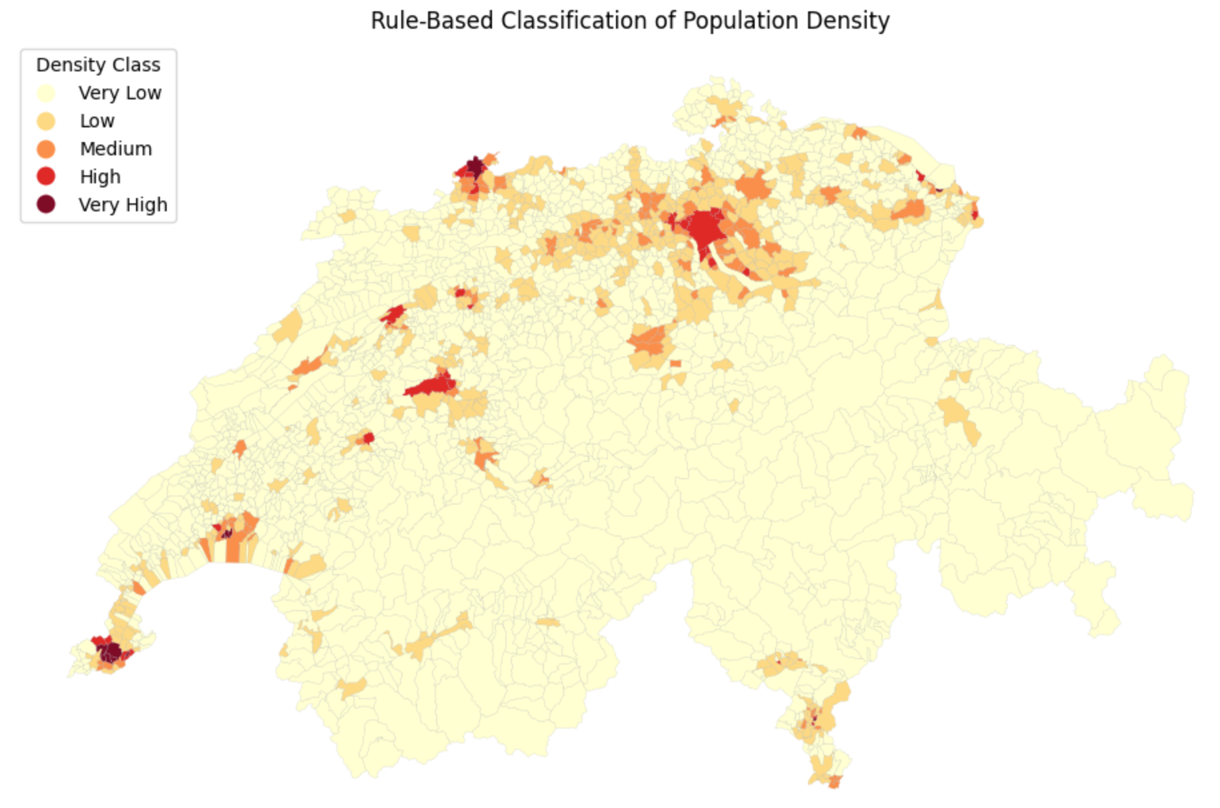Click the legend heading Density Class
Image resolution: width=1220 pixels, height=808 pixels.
tap(98, 65)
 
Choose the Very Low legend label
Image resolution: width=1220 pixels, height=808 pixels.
tap(120, 93)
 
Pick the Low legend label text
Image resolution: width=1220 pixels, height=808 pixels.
tap(97, 121)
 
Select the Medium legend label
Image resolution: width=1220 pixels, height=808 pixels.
tap(116, 149)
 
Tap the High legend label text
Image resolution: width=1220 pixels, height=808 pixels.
tap(100, 177)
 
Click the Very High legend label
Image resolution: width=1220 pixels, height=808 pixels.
tap(123, 205)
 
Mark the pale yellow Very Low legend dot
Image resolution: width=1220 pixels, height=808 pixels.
tap(46, 93)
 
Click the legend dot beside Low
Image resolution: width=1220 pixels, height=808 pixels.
tap(46, 121)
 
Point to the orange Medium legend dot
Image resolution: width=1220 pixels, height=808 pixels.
tap(46, 149)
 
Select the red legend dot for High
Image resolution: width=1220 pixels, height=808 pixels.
tap(46, 177)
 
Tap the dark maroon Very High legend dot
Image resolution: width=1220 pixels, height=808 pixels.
tap(46, 205)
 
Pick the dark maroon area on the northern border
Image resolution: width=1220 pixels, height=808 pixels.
tap(475, 166)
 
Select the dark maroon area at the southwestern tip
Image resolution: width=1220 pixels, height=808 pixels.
tap(111, 651)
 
